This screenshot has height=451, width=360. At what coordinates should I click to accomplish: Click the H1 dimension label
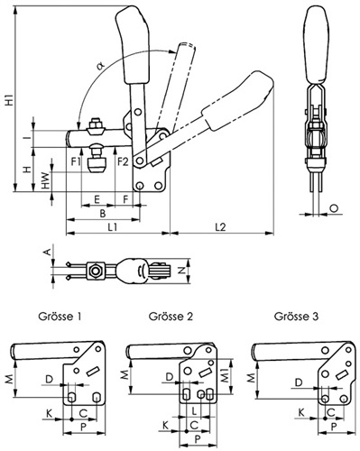[x=10, y=99]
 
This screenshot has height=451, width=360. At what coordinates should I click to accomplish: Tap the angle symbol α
[x=100, y=66]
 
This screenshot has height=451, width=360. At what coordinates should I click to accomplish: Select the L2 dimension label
[x=220, y=226]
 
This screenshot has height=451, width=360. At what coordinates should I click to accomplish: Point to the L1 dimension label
[x=113, y=226]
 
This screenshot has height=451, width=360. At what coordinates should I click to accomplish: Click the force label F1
[x=76, y=161]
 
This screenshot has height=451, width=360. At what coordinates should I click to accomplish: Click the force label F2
[x=123, y=161]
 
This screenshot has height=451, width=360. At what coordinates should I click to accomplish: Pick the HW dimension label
[x=45, y=180]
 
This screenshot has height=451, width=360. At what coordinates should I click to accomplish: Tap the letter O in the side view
[x=334, y=207]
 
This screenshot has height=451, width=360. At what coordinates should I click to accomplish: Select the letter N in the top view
[x=181, y=271]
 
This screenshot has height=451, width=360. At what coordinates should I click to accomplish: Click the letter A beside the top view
[x=46, y=252]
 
